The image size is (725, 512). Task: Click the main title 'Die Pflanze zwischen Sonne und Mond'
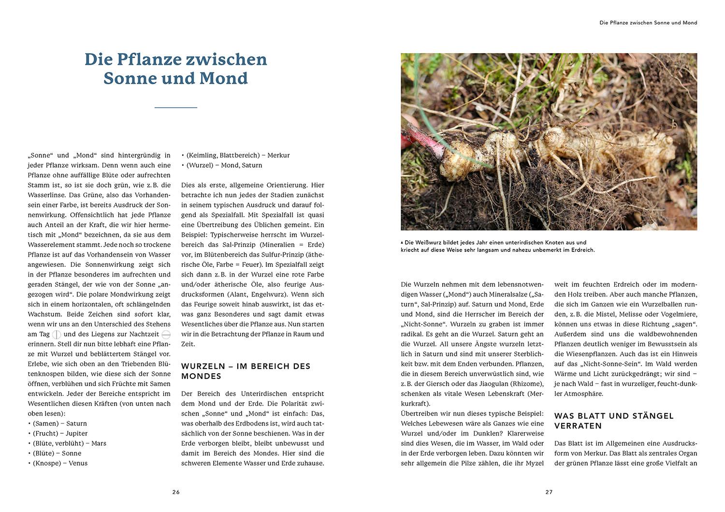(175, 69)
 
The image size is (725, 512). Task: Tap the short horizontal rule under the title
(175, 107)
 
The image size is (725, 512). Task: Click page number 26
(176, 492)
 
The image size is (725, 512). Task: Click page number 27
(549, 492)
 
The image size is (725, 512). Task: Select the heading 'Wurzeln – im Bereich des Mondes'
(246, 371)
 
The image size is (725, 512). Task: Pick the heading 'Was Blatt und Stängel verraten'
(614, 421)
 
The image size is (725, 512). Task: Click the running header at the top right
(648, 23)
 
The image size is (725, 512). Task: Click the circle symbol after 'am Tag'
(57, 335)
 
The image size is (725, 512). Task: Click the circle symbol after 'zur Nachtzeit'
(166, 335)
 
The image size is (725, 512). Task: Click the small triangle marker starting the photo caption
(402, 243)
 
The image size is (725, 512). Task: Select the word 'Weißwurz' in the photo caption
(430, 243)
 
